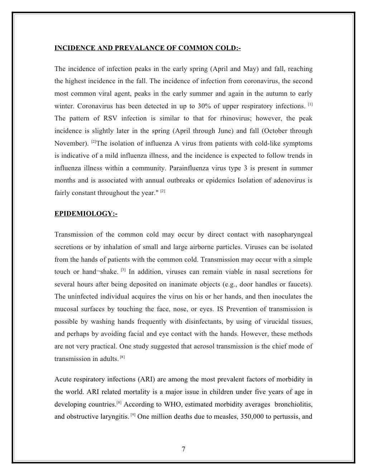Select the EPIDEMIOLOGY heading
(86, 214)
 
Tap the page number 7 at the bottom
(183, 449)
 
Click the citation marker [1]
(310, 105)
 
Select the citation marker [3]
(123, 270)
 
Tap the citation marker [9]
(133, 415)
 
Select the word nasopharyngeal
(290, 235)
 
